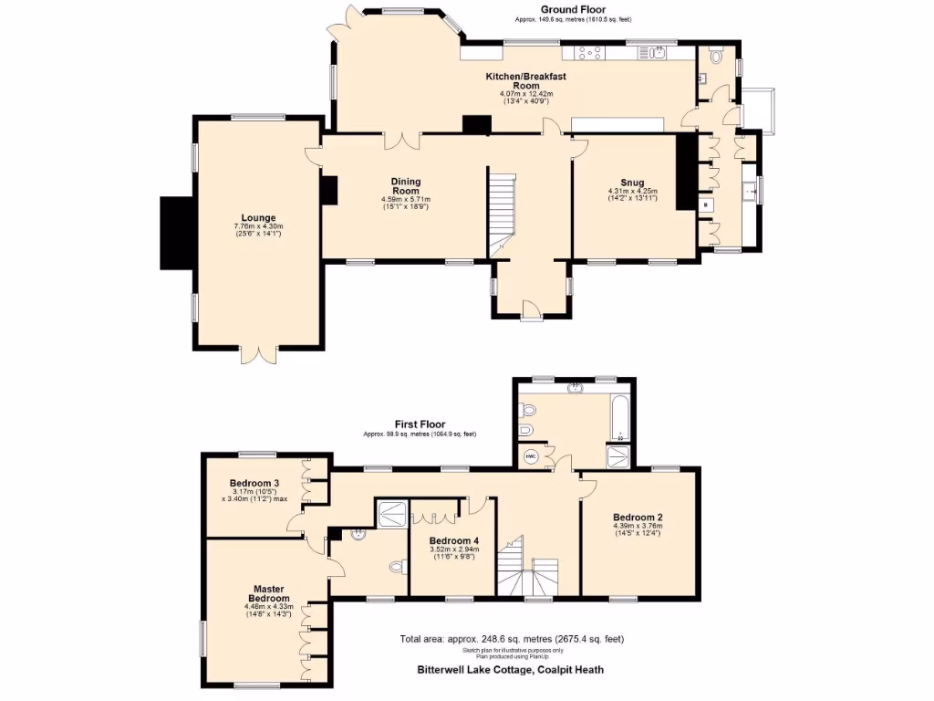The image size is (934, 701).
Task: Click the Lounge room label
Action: coord(259,217)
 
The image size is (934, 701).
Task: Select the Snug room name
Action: coord(632,182)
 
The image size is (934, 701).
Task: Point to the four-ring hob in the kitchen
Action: coord(588,53)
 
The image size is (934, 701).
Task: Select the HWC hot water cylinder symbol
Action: coord(531,455)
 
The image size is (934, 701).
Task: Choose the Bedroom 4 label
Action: coord(455,539)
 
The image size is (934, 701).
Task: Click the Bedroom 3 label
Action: coord(254,483)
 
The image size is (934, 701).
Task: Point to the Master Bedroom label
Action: coord(271,593)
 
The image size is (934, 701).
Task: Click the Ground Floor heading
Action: coord(572,10)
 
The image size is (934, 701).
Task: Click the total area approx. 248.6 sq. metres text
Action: coord(512,638)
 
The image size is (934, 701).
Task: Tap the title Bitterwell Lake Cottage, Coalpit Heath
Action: coord(504,670)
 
